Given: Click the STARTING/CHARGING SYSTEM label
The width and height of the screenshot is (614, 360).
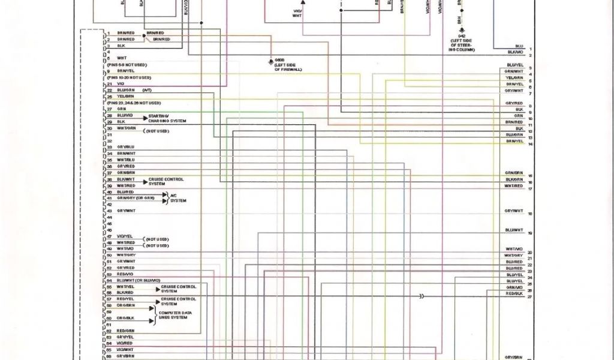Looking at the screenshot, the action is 167,118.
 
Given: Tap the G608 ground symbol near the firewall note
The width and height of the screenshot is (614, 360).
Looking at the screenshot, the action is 270,61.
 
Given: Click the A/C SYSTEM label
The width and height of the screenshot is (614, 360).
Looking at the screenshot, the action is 178,198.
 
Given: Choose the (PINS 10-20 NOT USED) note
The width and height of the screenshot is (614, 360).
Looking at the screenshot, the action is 129,77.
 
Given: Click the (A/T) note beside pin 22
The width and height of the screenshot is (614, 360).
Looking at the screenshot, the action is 147,90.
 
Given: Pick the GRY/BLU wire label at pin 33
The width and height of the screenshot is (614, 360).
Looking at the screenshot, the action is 126,147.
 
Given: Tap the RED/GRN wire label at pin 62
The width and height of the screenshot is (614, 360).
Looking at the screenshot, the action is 126,331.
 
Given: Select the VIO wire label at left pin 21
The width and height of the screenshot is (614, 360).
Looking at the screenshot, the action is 121,84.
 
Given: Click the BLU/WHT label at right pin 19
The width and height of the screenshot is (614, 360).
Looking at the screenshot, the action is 514,230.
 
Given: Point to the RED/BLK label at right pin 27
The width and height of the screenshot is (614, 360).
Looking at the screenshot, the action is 514,294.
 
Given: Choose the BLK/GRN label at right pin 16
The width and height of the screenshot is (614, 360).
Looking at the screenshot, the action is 514,179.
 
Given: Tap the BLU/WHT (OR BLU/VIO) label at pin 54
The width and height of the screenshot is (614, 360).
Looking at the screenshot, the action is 139,280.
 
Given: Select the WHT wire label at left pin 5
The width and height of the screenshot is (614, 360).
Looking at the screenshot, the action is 122,58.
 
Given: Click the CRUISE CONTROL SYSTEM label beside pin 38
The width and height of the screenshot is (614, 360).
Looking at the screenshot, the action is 167,181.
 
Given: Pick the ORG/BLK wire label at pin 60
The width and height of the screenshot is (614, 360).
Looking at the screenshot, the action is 125,318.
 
